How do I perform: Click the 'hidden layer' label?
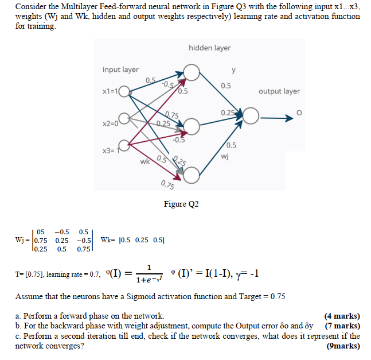coord(209,48)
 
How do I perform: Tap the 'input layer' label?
coord(120,69)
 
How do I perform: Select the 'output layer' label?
coord(279,91)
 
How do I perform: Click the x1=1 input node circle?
coord(124,91)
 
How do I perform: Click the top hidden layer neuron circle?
coord(192,72)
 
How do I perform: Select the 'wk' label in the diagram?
coord(145,162)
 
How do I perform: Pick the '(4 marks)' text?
coord(342,316)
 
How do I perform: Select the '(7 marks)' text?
coord(338,326)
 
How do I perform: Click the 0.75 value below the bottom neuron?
coord(169,184)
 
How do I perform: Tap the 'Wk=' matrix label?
coord(108,240)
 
